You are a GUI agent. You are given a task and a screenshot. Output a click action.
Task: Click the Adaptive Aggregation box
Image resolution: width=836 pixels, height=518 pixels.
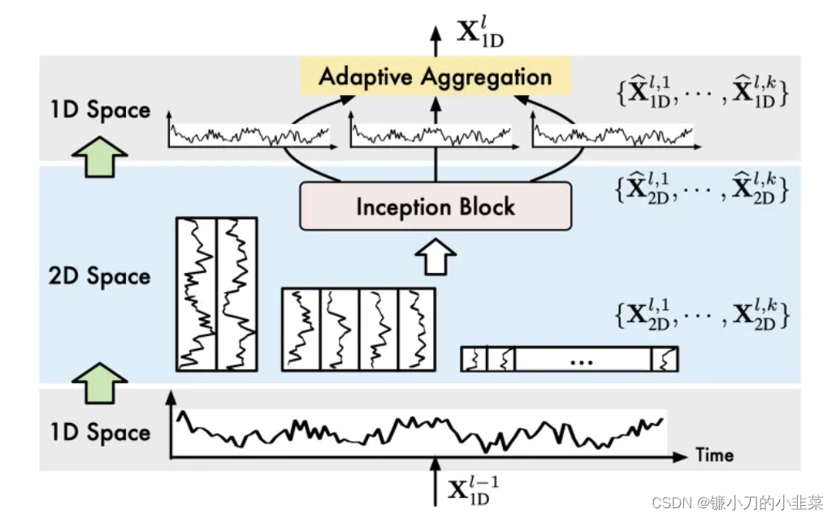(x=435, y=77)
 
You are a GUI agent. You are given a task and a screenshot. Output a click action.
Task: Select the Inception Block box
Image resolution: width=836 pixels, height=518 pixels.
(x=435, y=206)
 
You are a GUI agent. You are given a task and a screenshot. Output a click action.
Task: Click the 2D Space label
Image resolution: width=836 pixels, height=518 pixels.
(x=99, y=276)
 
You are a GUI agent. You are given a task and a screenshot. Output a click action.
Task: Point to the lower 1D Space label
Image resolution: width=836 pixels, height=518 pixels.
(x=99, y=432)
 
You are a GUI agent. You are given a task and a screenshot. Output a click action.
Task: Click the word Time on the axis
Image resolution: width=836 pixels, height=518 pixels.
(x=714, y=455)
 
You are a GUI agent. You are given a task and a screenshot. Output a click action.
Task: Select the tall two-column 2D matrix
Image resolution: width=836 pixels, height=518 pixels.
(x=216, y=294)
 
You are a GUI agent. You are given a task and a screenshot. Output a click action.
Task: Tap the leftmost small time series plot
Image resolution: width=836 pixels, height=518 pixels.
(x=249, y=132)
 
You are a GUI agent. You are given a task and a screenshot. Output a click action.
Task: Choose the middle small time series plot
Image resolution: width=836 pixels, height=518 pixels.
(x=431, y=132)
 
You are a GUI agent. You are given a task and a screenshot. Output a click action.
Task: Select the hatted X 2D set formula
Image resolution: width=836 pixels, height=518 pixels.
(x=702, y=190)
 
